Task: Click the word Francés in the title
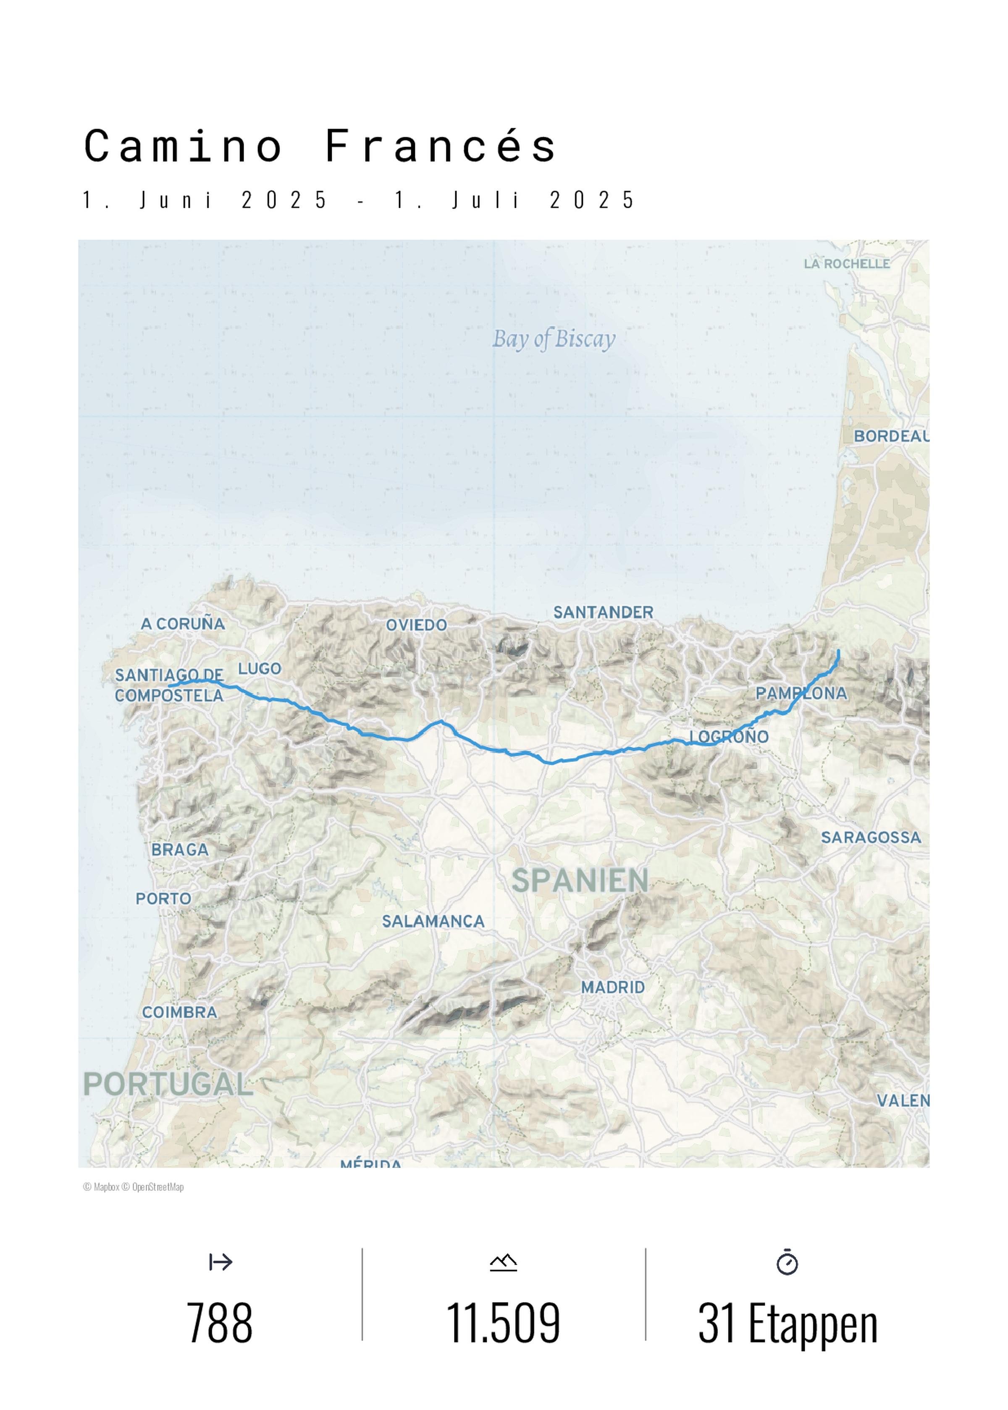440,147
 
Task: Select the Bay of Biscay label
554,339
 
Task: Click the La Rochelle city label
847,264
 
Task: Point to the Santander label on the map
603,612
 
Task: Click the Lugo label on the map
260,668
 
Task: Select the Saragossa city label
871,837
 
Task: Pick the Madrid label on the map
613,987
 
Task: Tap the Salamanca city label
433,921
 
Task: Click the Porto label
163,898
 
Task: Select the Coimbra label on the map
179,1012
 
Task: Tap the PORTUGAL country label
168,1084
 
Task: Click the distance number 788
220,1323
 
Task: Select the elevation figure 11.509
504,1323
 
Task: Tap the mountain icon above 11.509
504,1262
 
